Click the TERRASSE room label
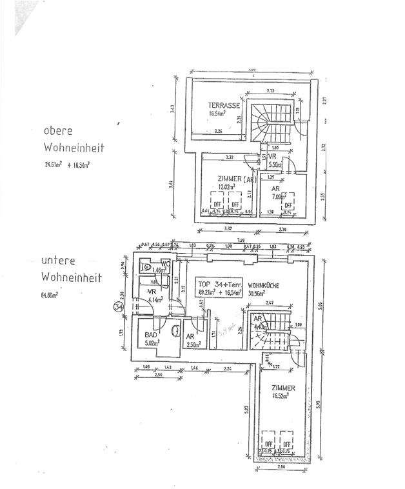click(x=224, y=105)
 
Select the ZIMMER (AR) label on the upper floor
click(x=228, y=179)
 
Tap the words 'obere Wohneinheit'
click(x=73, y=139)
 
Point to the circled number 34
click(x=118, y=307)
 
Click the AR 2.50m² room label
click(x=192, y=340)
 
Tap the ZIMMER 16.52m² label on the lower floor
click(x=283, y=392)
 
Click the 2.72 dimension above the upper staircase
click(x=270, y=90)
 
